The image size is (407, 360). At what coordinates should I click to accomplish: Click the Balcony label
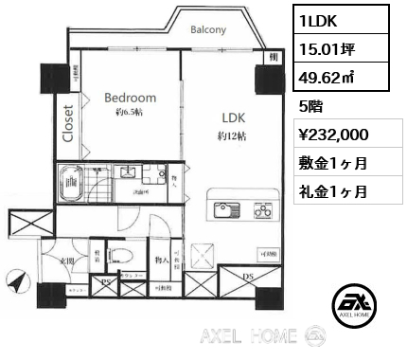click(207, 29)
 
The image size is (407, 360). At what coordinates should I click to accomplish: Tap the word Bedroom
click(130, 98)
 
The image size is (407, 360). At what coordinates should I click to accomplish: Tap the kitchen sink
click(226, 209)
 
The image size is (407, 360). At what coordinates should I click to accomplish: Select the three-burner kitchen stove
click(260, 209)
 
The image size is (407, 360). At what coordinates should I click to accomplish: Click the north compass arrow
click(16, 281)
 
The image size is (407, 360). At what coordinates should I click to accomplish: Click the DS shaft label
click(249, 277)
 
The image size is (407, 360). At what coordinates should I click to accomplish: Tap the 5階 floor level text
click(308, 105)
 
